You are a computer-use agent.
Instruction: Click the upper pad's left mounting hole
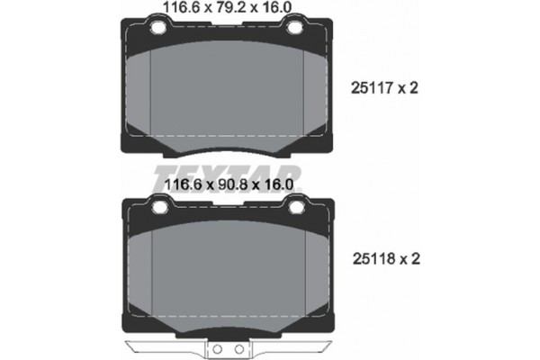[x=158, y=27]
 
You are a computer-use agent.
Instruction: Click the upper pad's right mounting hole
[x=293, y=27]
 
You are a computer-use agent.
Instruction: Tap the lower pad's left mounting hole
[x=160, y=207]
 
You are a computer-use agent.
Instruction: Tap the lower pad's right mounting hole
[x=295, y=207]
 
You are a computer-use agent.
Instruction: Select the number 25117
[x=372, y=88]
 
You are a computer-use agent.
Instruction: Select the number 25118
[x=373, y=258]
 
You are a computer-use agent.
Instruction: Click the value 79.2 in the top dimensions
[x=229, y=7]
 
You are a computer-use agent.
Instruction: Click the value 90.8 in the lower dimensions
[x=232, y=184]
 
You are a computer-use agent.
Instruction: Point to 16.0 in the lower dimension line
[x=278, y=184]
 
